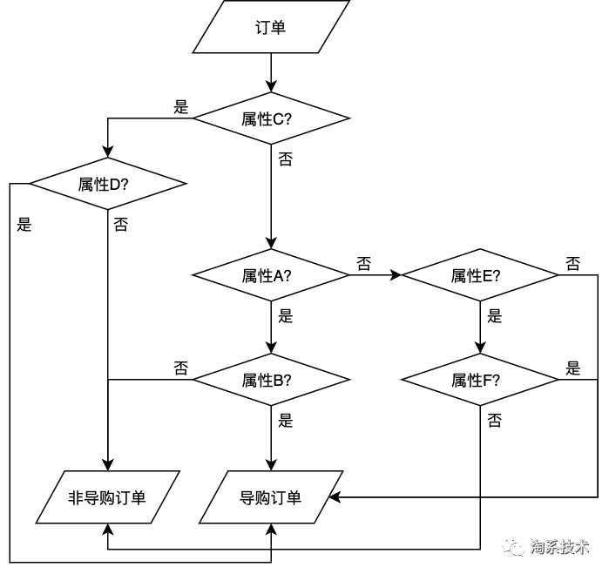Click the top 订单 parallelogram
point(271,27)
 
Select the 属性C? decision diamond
point(271,118)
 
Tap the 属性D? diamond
point(108,184)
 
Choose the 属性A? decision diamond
point(271,275)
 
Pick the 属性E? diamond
point(480,275)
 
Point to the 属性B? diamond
point(271,380)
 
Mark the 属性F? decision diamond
point(480,380)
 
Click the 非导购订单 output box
point(107,497)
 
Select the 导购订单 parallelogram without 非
point(271,497)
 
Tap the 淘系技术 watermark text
point(559,547)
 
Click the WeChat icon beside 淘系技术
point(512,546)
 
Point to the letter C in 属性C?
point(278,119)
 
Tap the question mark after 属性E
point(497,276)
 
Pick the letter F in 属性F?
point(487,381)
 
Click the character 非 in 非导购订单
point(76,498)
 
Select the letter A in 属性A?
point(278,276)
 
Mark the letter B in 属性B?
point(278,381)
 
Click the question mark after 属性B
point(288,381)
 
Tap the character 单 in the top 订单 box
point(279,27)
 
